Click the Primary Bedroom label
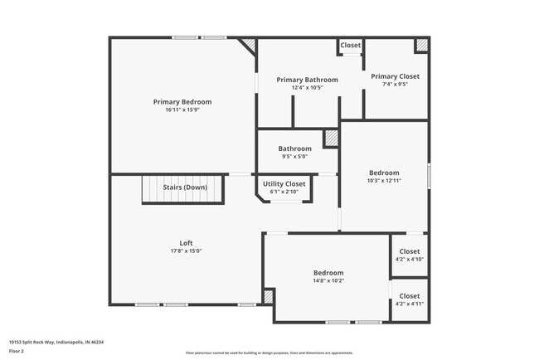tap(182, 102)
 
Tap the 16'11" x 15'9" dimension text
tap(182, 109)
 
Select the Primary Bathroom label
tap(306, 80)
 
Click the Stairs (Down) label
tap(185, 187)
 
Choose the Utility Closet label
tap(284, 183)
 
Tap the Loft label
tap(186, 243)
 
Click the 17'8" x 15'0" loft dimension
tap(186, 251)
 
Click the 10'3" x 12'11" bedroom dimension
tap(384, 180)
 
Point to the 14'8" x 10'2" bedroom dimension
tap(328, 280)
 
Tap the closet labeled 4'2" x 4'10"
tap(410, 255)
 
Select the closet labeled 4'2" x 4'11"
tap(410, 299)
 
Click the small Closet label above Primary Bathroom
tap(351, 46)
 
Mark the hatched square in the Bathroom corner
tap(331, 139)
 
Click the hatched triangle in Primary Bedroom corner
tap(248, 45)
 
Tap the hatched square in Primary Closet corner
tap(422, 46)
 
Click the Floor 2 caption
tap(17, 351)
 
